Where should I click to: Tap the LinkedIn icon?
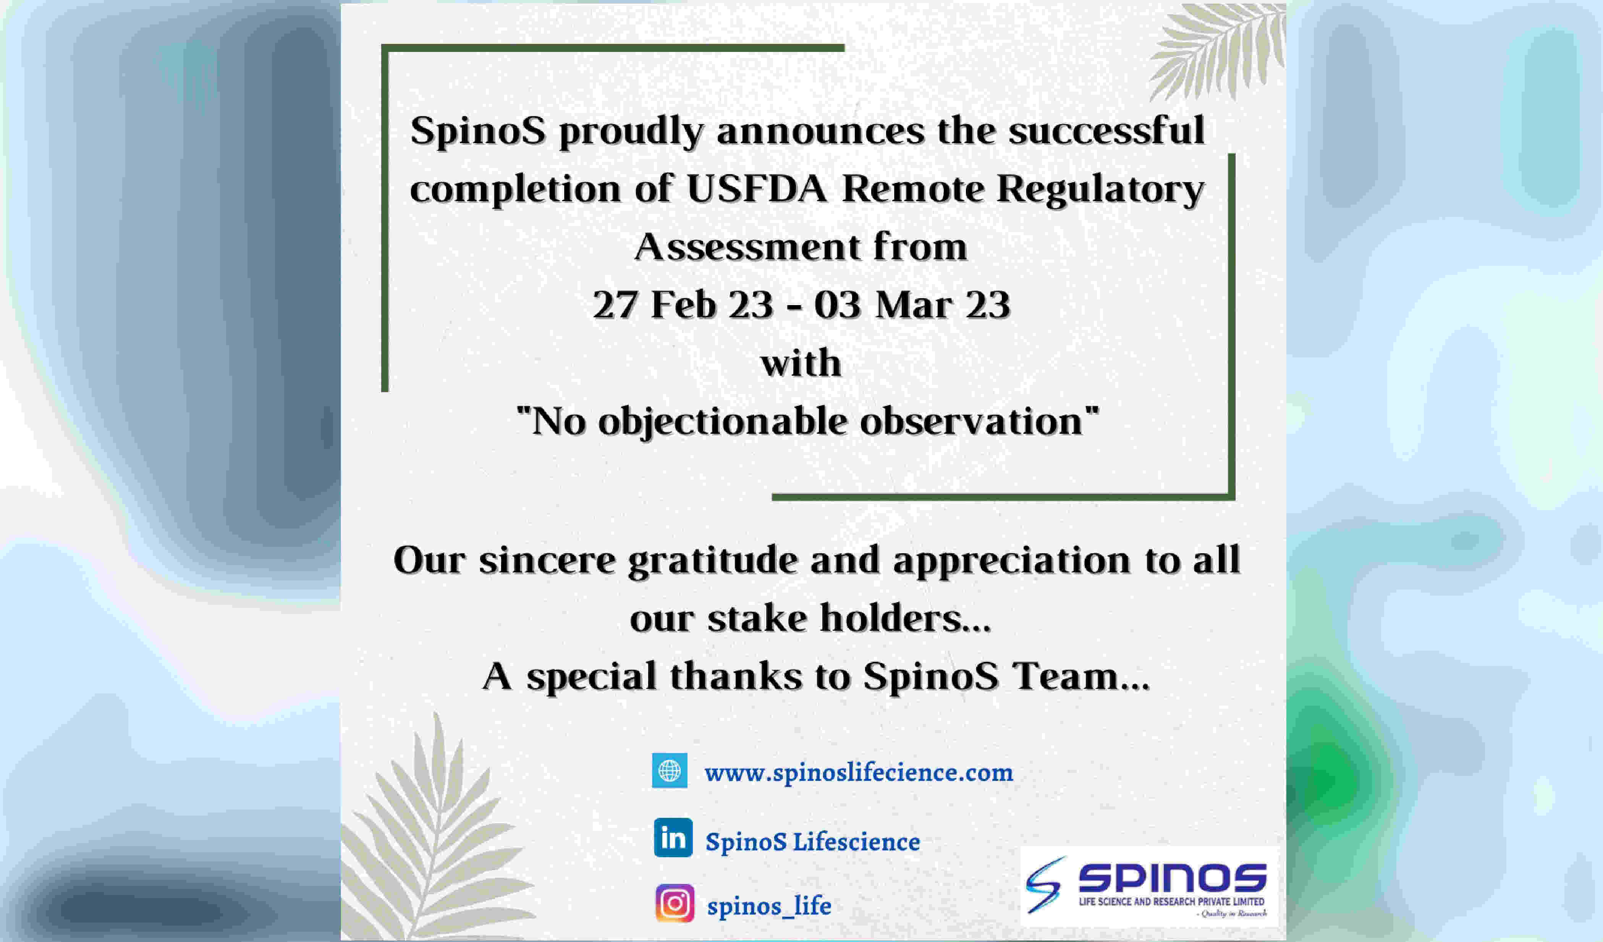coord(673,838)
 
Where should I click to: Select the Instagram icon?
coord(674,903)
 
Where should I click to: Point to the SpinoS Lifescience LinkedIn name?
coord(813,842)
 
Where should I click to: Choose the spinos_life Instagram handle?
coord(769,906)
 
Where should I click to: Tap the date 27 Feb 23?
coord(683,305)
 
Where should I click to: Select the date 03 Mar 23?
coord(912,305)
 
